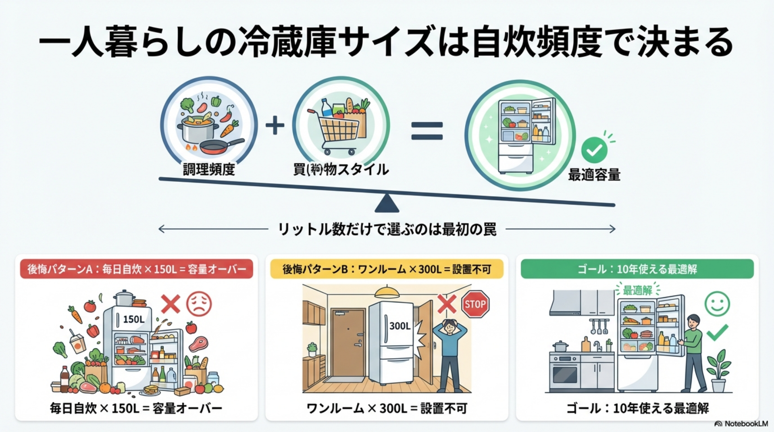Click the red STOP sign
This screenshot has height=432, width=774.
click(475, 304)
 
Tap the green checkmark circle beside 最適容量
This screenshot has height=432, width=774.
click(594, 150)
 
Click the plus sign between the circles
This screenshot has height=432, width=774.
click(275, 125)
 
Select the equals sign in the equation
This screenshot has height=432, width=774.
click(427, 131)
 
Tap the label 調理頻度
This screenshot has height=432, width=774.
click(208, 169)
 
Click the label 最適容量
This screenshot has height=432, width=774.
click(594, 175)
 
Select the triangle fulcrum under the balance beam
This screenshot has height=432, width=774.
click(387, 204)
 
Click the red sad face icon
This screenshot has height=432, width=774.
click(199, 303)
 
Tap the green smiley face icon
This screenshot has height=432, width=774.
click(717, 303)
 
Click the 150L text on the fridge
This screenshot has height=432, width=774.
click(133, 319)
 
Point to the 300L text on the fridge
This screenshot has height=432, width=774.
click(399, 326)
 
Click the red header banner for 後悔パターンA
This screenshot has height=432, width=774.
click(137, 269)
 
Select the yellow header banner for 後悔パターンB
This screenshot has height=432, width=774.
click(387, 269)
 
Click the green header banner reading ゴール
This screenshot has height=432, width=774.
click(637, 269)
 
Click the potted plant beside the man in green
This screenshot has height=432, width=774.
click(718, 371)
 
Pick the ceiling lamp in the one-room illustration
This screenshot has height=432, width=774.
click(387, 291)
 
